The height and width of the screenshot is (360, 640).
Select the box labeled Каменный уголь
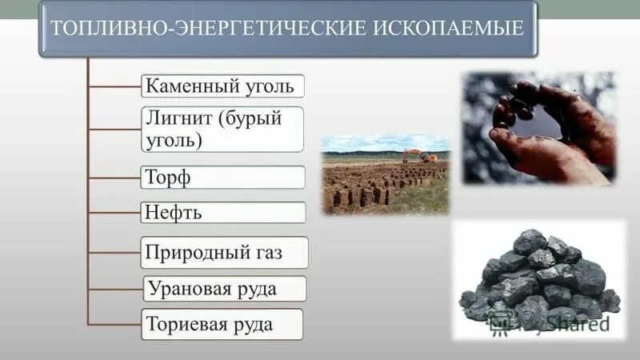222,86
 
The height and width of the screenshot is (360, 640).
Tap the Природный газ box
224,252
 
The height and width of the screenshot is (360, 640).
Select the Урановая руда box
224,288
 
